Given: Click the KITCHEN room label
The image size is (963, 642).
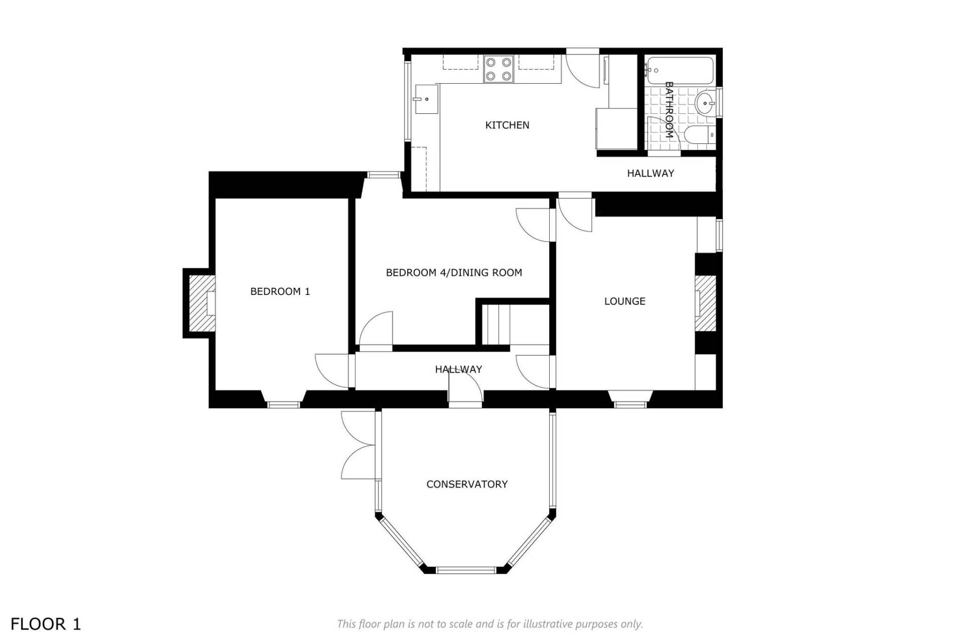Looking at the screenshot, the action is [x=507, y=125].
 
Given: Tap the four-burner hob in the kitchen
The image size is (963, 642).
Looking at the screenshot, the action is [x=499, y=69].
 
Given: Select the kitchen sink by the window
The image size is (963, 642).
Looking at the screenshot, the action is [x=426, y=99].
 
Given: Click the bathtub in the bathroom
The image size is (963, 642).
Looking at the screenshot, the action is [x=680, y=71].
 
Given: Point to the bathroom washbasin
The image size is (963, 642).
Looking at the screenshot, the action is [x=705, y=104].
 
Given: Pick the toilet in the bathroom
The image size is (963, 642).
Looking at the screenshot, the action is [x=700, y=135].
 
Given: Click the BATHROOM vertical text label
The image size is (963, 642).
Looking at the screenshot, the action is [x=669, y=110].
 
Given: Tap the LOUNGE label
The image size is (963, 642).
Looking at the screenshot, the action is [x=624, y=301].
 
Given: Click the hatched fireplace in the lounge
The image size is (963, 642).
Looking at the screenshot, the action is [x=705, y=303].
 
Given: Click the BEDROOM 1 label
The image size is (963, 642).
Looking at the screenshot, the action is [x=280, y=291].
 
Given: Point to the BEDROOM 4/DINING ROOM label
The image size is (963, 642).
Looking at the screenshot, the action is [x=454, y=273].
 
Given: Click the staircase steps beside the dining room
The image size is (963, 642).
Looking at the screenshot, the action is [x=496, y=325].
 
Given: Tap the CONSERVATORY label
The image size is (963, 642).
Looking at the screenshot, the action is [x=467, y=485].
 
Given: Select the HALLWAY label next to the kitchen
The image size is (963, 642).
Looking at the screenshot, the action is [x=651, y=174].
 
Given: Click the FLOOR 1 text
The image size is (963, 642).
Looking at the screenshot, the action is [x=46, y=624].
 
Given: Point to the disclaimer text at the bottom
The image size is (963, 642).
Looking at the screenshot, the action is [x=490, y=624].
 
